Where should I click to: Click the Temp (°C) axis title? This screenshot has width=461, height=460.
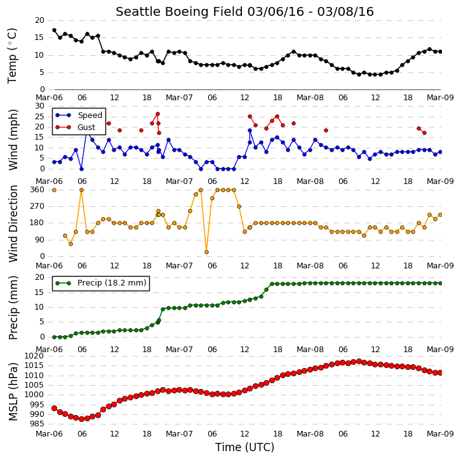coord(12,56)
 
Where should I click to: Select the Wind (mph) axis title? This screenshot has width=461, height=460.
coord(13,140)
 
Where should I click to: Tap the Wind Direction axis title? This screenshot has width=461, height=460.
coord(13,223)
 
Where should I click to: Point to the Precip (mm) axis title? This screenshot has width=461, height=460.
coord(13,308)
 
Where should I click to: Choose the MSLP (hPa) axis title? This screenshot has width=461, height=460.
coord(13,391)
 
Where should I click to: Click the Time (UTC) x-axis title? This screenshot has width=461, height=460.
coord(244,447)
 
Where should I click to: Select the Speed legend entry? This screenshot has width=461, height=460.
coord(79,115)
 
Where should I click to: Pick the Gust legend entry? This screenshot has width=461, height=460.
coord(76,127)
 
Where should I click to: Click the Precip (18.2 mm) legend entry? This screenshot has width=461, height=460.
coord(101,283)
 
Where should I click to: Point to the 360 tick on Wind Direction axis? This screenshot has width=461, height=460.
coord(37,190)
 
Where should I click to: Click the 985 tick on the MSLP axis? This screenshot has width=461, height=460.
coord(37,424)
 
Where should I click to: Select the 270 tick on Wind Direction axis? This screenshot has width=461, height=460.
coord(37,206)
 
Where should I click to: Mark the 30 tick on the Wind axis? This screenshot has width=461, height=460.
coord(40,106)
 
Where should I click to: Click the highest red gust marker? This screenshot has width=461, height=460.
coord(157,114)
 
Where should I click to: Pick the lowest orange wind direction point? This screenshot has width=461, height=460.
coord(206,252)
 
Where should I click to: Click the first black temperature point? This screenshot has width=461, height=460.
coord(54,30)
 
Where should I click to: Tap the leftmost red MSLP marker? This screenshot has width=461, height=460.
coord(54,409)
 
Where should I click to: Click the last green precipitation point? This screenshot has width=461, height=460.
coord(440,283)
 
